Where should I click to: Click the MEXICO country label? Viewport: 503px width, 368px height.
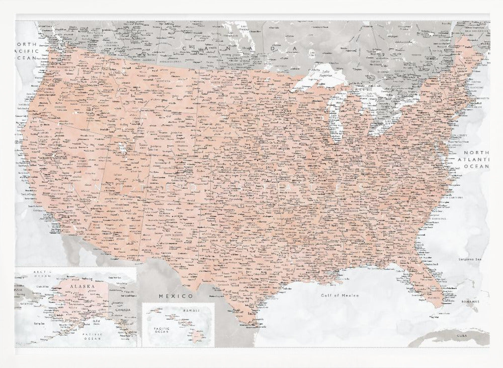[x=176, y=296]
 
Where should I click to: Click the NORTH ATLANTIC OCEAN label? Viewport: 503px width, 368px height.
[x=475, y=159]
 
